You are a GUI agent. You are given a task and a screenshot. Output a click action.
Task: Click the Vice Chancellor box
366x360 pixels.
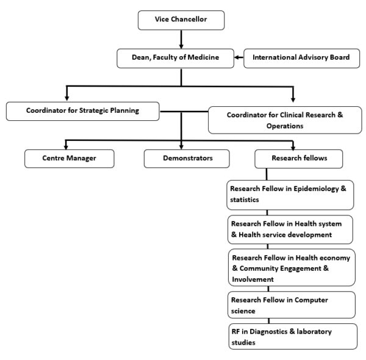coord(181,21)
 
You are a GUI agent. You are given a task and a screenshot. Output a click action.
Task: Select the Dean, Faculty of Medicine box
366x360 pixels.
coord(176,59)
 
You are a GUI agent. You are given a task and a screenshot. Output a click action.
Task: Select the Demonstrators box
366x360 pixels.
coord(187,158)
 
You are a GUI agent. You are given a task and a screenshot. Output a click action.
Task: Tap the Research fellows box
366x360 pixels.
coord(298,158)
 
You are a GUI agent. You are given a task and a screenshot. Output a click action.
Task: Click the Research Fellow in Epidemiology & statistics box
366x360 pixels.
coord(290,195)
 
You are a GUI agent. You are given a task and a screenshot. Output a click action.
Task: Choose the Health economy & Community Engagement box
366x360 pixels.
coord(291,267)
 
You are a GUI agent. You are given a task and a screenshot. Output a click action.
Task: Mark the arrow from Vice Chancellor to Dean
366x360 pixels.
coord(181,40)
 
